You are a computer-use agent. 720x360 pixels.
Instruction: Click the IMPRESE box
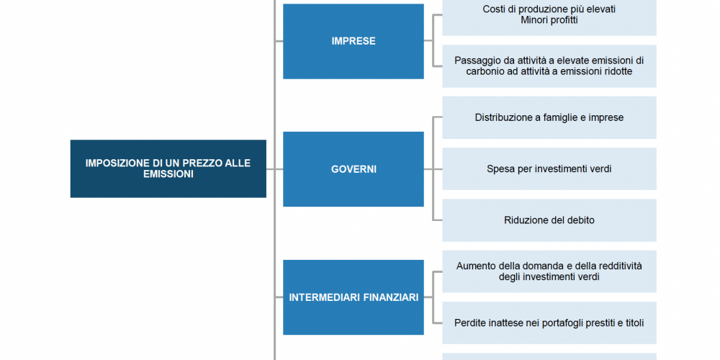click(x=353, y=41)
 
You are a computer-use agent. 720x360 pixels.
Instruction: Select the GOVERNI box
click(x=353, y=169)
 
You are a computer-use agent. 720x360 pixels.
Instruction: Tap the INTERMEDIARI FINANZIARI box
click(x=353, y=297)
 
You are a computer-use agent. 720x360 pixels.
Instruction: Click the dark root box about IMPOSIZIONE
click(x=168, y=168)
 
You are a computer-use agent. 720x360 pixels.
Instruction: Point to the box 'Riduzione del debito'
click(x=549, y=220)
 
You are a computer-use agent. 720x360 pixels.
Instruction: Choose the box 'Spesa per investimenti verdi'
click(x=549, y=168)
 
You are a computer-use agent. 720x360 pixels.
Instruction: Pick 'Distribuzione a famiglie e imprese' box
click(x=549, y=117)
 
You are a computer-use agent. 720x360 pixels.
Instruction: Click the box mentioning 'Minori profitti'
click(x=549, y=17)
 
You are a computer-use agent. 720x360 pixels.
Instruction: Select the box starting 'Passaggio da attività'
click(x=549, y=66)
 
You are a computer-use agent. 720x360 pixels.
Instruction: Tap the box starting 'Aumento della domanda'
click(x=549, y=271)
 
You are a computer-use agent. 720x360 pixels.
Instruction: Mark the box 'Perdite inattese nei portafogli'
click(x=549, y=323)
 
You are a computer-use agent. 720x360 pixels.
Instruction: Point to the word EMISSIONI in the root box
click(x=168, y=174)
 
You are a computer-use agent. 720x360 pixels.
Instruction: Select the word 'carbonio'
click(x=482, y=71)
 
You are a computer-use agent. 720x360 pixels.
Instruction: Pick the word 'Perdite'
click(x=469, y=323)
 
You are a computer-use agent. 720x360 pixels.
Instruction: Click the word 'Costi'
click(x=493, y=9)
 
